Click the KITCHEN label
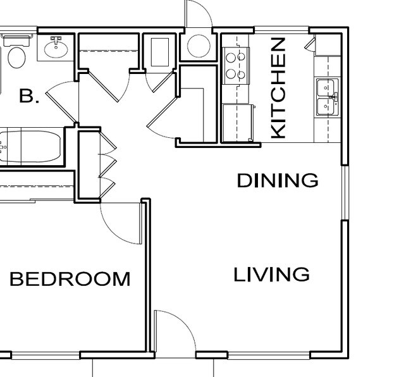click(279, 88)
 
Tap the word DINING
click(278, 181)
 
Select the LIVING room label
click(272, 275)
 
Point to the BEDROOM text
click(70, 279)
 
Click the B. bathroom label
click(29, 97)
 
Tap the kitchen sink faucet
click(336, 97)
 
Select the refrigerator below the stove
click(238, 123)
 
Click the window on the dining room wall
click(345, 193)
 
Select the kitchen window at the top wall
click(281, 30)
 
